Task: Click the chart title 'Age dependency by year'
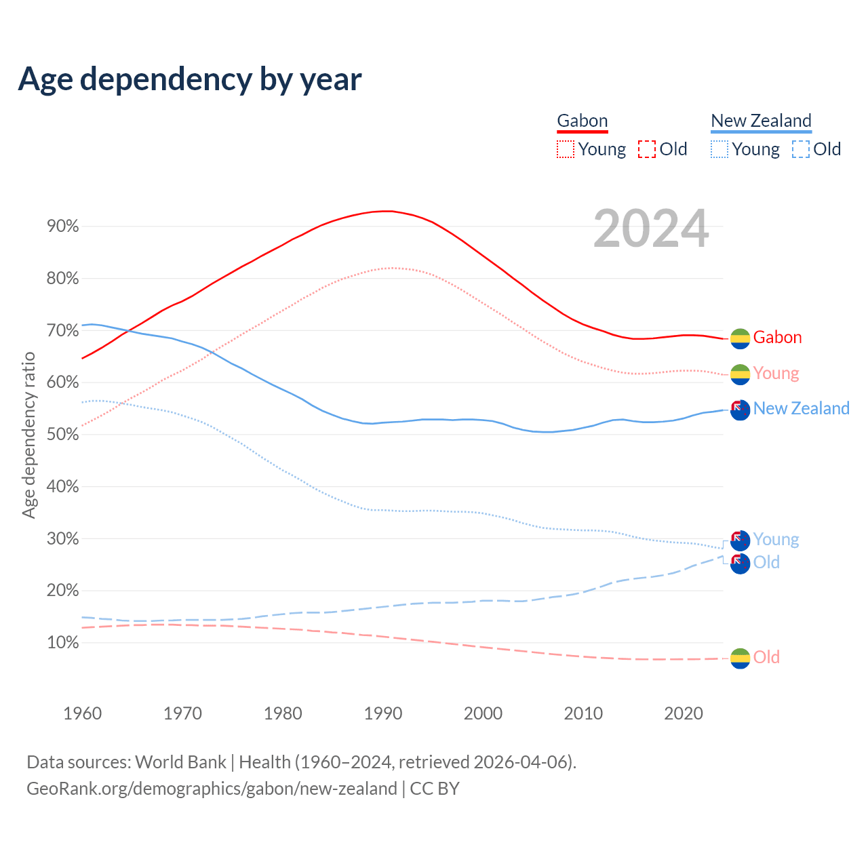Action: pos(190,79)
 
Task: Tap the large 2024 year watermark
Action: pos(651,229)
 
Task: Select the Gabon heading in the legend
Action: pos(582,121)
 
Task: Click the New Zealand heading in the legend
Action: pos(761,121)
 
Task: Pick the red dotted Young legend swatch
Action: pos(565,149)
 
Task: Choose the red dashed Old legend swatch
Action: pos(647,149)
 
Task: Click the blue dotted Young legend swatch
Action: pos(719,149)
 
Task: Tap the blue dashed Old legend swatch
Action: pos(801,149)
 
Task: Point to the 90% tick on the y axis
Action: pos(63,226)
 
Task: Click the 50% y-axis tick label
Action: pos(63,435)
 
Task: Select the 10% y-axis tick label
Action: pos(63,643)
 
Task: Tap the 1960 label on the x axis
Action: pos(82,713)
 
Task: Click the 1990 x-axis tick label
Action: pos(383,713)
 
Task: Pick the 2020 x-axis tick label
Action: pos(684,713)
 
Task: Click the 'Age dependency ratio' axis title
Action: pos(28,435)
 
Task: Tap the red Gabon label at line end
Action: pos(777,338)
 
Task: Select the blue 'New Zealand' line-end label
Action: pos(801,408)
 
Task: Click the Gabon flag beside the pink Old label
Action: pos(740,658)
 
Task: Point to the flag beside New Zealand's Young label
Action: pos(740,540)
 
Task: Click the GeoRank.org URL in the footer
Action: pos(212,789)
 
